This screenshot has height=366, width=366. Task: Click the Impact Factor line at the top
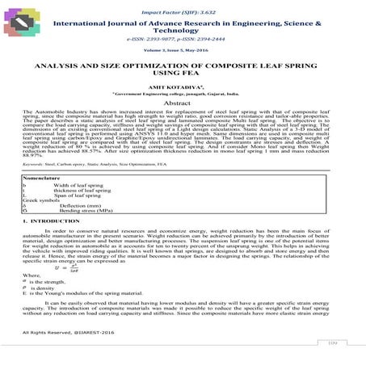click(x=182, y=15)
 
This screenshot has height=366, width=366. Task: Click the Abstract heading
click(x=182, y=126)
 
